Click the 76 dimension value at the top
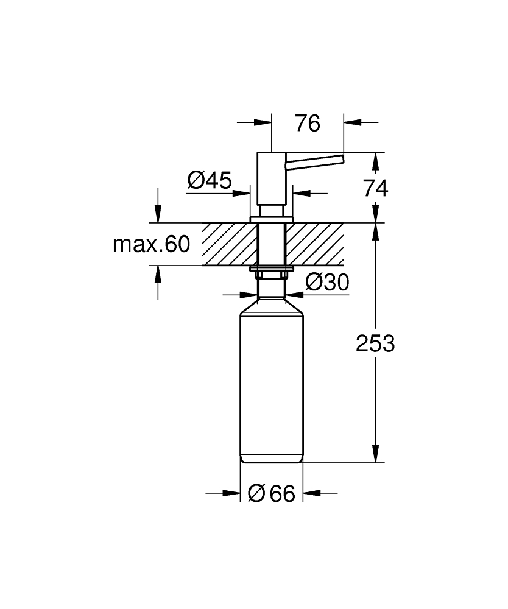(308, 124)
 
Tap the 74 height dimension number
(376, 189)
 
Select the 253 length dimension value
(375, 343)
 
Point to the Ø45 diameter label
(210, 180)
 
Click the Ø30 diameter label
(328, 282)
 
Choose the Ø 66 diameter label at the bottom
(272, 493)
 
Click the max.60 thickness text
(152, 244)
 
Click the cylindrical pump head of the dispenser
(272, 178)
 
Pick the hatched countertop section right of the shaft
(314, 244)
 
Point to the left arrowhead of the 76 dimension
(263, 122)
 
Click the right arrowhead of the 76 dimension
(352, 122)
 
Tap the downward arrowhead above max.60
(158, 214)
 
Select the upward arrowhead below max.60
(158, 275)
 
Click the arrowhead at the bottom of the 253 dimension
(375, 454)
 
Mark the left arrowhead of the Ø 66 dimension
(231, 493)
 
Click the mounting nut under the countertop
(272, 272)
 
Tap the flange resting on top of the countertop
(272, 219)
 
